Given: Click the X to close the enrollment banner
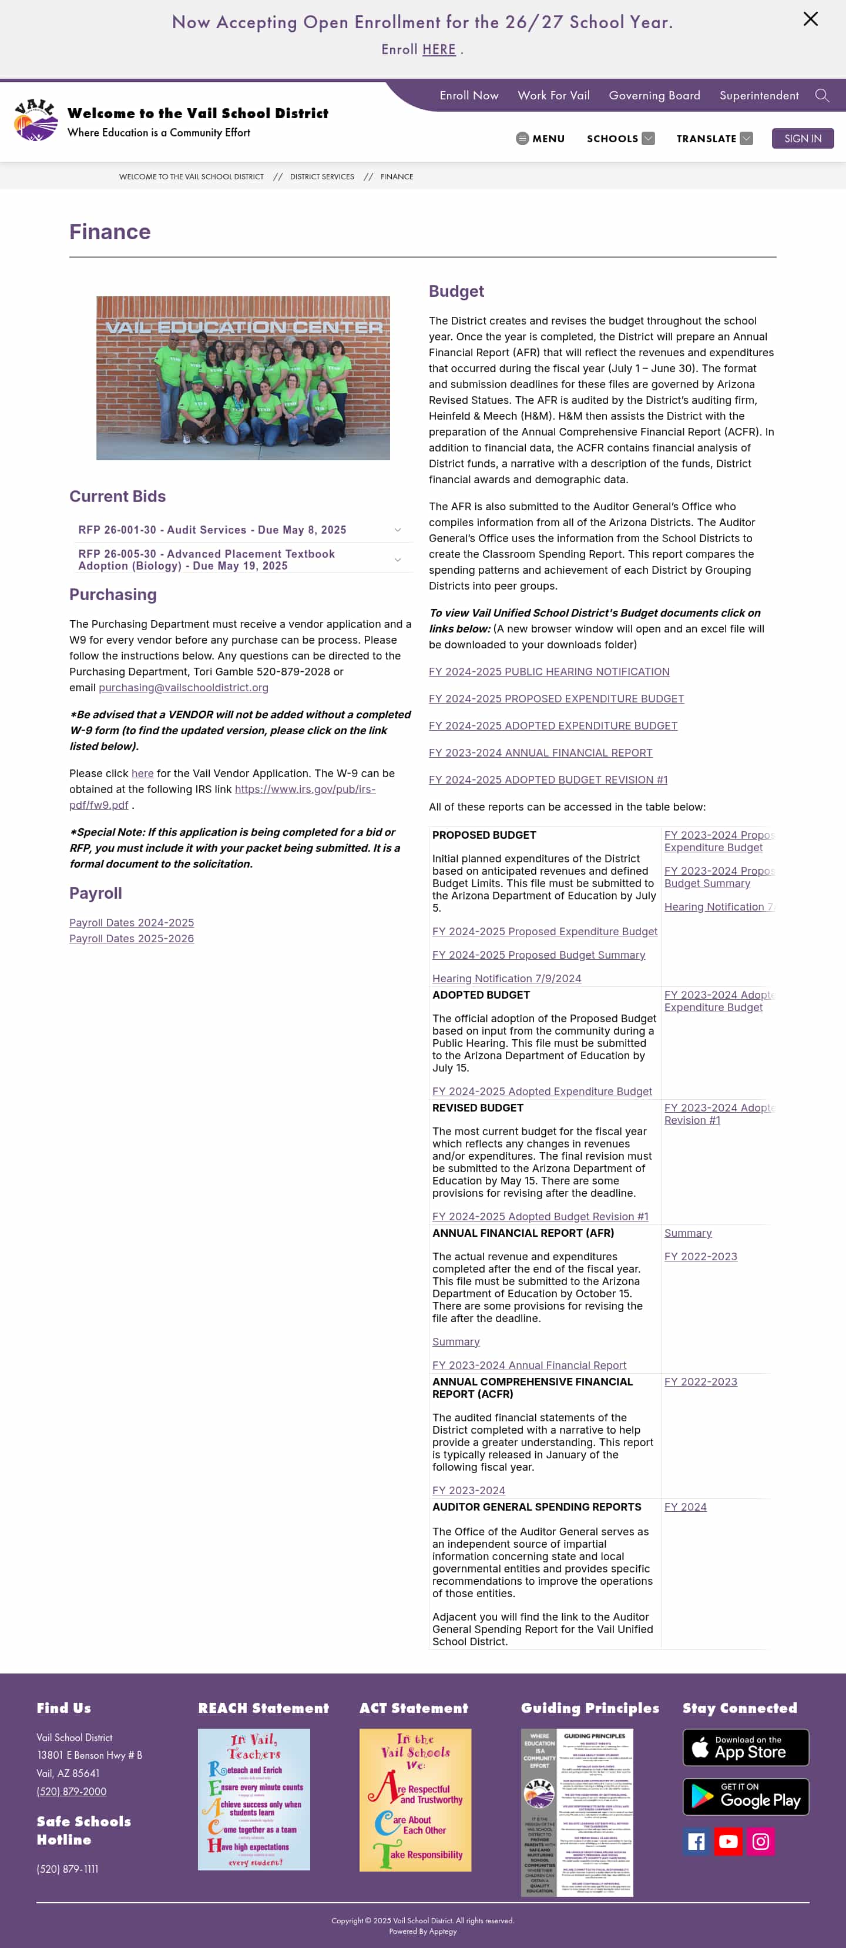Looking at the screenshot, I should click(810, 19).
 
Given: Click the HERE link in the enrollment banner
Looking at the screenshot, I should click(438, 50).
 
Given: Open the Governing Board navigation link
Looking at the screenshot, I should click(654, 95).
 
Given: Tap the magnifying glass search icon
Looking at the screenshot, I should click(822, 95).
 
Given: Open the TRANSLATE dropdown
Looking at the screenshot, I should click(714, 138).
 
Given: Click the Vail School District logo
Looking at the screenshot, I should click(35, 119).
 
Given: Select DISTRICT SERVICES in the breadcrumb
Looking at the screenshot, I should click(321, 177).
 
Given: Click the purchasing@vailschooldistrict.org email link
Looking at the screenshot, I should click(183, 687).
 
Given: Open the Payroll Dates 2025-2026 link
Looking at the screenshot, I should click(132, 939).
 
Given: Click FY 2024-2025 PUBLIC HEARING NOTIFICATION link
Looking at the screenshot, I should click(548, 671).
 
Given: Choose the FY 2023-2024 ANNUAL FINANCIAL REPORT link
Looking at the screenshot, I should click(540, 752).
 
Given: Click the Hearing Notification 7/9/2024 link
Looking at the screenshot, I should click(506, 979).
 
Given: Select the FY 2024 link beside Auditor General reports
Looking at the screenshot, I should click(685, 1507).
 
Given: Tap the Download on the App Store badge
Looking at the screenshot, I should click(745, 1747).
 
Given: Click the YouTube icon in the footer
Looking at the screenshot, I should click(728, 1842).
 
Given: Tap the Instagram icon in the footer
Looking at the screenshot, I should click(761, 1842).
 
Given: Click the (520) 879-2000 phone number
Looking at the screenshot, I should click(71, 1792).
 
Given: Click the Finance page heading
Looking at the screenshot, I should click(110, 232).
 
